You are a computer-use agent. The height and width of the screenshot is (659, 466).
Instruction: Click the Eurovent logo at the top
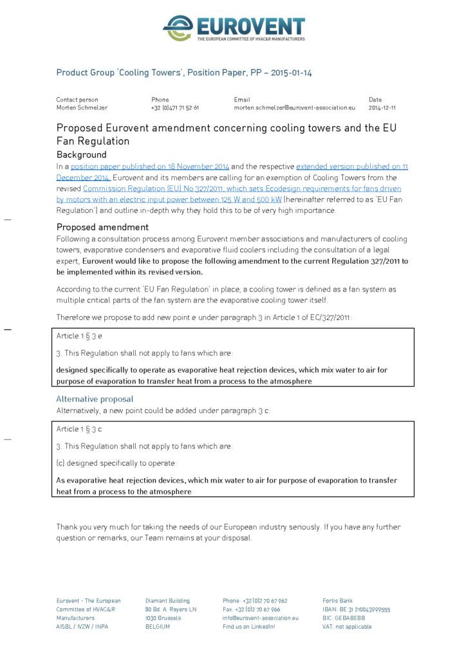pos(233,28)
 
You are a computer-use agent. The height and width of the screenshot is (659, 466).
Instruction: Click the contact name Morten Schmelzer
pos(82,108)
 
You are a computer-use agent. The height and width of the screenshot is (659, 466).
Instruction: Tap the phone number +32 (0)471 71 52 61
pos(175,108)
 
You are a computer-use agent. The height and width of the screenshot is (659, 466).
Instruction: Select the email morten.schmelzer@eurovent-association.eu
pos(294,108)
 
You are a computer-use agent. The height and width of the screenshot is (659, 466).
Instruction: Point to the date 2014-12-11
pos(382,108)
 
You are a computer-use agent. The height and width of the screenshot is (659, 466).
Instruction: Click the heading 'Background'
pos(81,155)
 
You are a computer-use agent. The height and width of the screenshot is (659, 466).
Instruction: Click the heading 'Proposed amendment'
pos(102,227)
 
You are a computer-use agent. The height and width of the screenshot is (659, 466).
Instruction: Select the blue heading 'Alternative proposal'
pos(95,399)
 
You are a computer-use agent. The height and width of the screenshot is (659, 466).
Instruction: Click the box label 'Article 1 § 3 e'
pos(79,336)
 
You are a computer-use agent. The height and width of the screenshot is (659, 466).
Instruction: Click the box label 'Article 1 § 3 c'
pos(79,429)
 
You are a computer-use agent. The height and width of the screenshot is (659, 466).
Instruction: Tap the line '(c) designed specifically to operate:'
pos(116,463)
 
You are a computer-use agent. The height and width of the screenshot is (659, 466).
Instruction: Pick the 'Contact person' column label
pos(77,100)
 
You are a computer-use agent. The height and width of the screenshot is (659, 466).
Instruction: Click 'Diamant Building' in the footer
pos(167,601)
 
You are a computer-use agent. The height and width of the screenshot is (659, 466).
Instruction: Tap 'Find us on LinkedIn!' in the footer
pos(248,627)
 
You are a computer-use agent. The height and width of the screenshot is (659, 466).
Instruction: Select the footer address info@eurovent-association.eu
pos(261,618)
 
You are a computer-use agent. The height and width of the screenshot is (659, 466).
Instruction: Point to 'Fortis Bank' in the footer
pos(338,601)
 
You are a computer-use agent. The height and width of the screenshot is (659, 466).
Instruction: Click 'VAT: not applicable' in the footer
pos(347,627)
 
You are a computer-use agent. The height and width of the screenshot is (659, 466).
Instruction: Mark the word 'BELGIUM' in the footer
pos(158,627)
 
